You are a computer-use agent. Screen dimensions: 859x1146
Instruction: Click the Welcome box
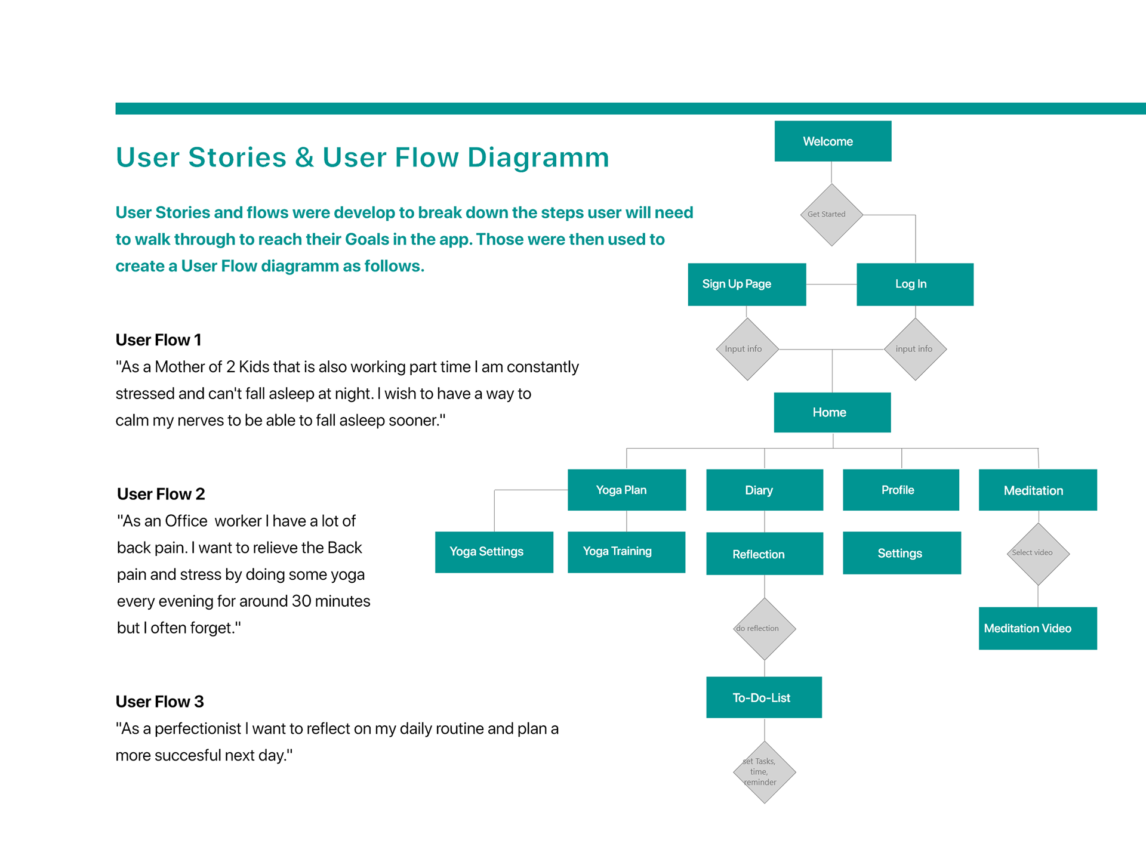tap(833, 141)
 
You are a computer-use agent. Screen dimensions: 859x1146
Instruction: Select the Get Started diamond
tap(831, 215)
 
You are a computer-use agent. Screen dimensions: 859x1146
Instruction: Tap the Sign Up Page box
tap(747, 285)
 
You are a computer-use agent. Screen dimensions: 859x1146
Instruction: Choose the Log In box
tap(914, 285)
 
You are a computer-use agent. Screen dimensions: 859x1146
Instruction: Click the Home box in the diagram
tap(832, 412)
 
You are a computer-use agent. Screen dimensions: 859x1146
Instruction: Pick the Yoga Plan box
tap(626, 490)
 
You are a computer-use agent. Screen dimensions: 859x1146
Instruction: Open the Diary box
tap(764, 490)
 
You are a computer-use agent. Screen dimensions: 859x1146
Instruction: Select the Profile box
tap(901, 490)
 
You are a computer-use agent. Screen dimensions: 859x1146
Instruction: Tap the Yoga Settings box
tap(494, 552)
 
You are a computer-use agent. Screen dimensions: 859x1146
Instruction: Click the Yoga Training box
tap(626, 552)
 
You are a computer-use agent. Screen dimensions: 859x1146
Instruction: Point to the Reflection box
tap(764, 554)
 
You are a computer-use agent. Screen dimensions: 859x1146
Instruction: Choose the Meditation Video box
tap(1037, 628)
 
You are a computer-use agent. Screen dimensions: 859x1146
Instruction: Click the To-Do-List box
tap(763, 697)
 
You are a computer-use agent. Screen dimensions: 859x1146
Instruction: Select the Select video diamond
tap(1038, 554)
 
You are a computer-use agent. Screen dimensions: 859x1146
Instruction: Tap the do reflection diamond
tap(764, 629)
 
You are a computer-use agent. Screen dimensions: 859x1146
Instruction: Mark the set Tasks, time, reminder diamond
tap(764, 772)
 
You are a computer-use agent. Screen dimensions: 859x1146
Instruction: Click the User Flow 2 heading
tap(161, 494)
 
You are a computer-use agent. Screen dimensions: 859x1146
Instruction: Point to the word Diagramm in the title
tap(538, 157)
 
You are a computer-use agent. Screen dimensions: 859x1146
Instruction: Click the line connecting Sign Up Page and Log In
tap(831, 285)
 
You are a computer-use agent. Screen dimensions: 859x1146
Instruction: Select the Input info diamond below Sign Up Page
tap(747, 349)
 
